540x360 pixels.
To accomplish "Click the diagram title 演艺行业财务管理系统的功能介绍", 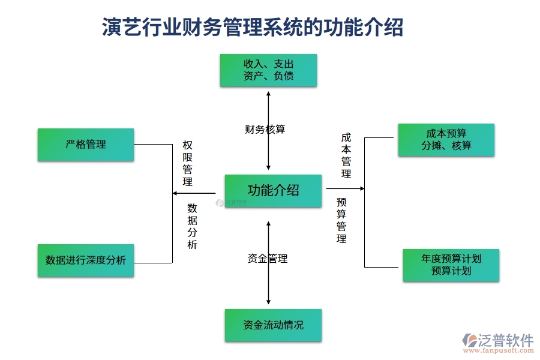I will (x=253, y=27).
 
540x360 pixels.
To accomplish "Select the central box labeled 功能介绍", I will (x=273, y=191).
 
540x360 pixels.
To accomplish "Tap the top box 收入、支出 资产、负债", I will (x=268, y=70).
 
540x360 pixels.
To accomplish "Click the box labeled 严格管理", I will (x=85, y=145).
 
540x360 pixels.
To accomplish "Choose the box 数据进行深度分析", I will (x=85, y=260).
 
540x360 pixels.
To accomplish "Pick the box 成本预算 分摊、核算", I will (x=446, y=140).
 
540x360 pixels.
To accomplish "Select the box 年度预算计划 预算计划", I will (x=451, y=265).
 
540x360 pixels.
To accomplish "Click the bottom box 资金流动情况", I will (x=273, y=325).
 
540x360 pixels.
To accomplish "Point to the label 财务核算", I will (x=265, y=129).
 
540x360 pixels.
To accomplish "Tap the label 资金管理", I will (x=268, y=259).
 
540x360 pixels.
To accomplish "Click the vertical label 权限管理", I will (x=188, y=164).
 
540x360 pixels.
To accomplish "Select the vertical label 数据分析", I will (x=192, y=226).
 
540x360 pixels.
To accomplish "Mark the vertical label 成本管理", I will (x=346, y=156).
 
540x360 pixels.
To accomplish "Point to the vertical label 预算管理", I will (x=341, y=220).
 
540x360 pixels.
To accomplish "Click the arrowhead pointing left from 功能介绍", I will (x=175, y=193).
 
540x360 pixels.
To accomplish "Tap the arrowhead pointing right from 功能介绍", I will (x=362, y=188).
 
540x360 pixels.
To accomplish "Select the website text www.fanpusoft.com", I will (x=498, y=352).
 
